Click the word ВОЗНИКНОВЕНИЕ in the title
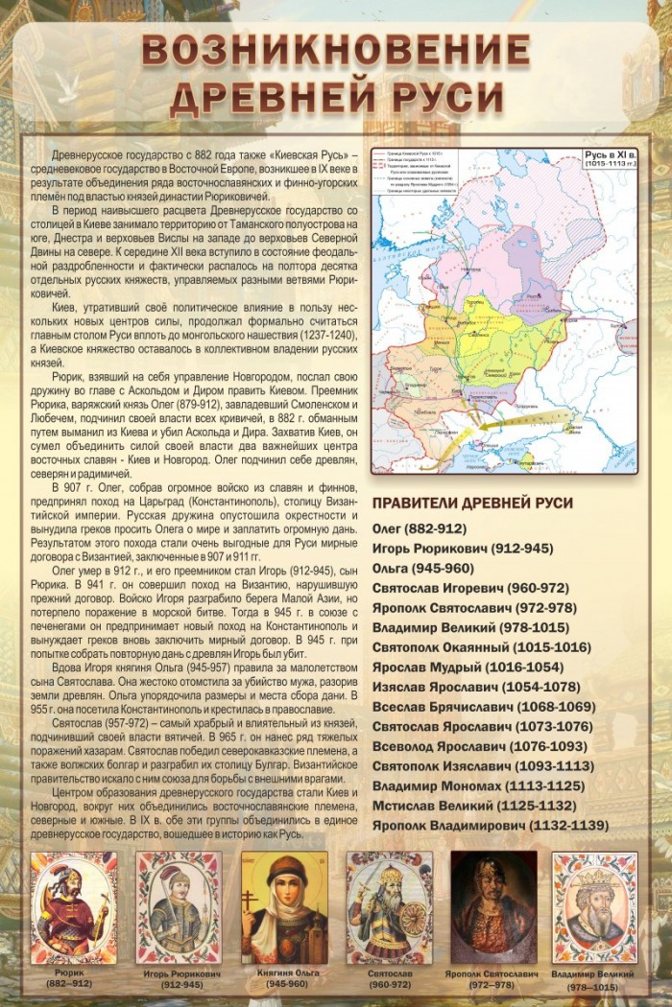336,51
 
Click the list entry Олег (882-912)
419,528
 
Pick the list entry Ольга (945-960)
422,568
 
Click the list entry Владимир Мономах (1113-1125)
476,785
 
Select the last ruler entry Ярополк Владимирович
490,825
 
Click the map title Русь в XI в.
615,152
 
